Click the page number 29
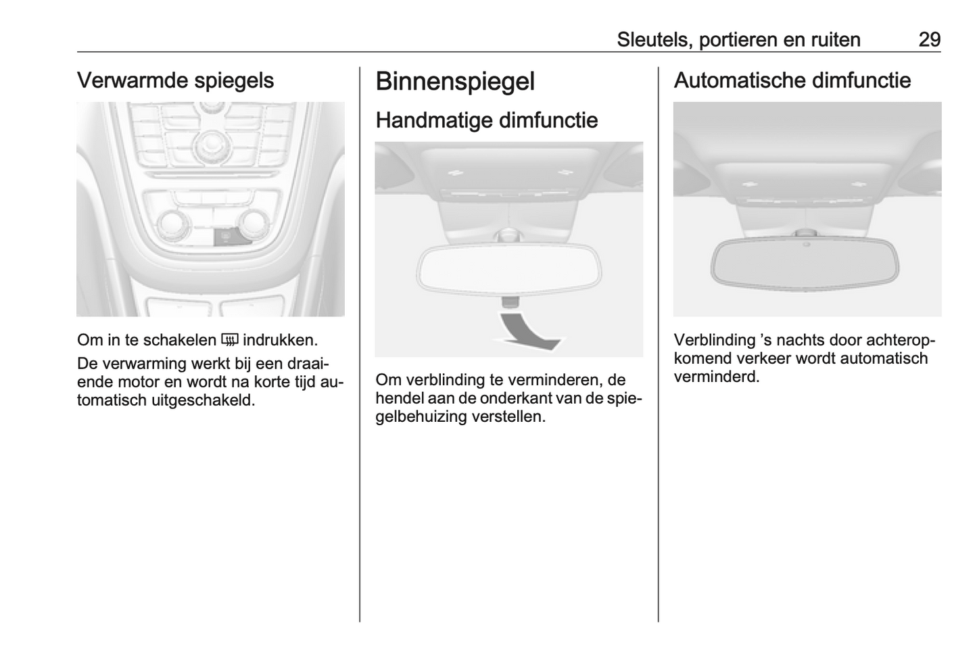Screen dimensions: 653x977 tap(929, 39)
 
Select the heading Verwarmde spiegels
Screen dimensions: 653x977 tap(175, 80)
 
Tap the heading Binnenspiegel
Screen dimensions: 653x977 tap(455, 82)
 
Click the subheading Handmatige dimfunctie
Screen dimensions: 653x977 tap(487, 120)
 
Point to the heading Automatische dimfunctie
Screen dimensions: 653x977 tap(792, 80)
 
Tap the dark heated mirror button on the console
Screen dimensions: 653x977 tap(227, 236)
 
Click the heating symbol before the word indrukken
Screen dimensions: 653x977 tap(230, 340)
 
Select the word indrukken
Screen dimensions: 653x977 tap(280, 340)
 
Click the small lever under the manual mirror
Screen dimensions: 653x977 tap(510, 301)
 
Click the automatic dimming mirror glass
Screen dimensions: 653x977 tap(805, 264)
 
